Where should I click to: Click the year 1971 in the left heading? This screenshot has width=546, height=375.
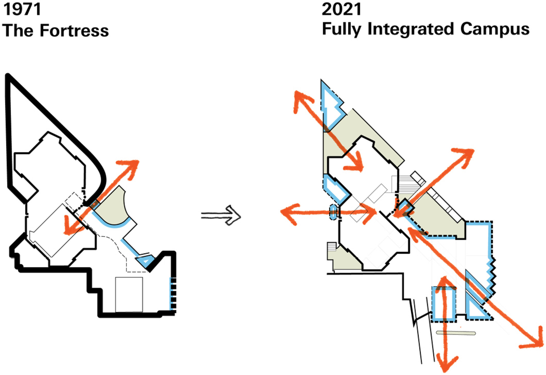(x=22, y=9)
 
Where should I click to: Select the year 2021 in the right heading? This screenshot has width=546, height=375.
(x=341, y=9)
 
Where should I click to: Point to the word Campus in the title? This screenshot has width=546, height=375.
(x=495, y=29)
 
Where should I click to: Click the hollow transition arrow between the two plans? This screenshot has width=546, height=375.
(x=221, y=215)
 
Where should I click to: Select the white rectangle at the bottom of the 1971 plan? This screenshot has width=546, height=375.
(x=129, y=294)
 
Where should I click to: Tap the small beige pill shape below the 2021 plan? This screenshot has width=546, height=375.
(x=456, y=333)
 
